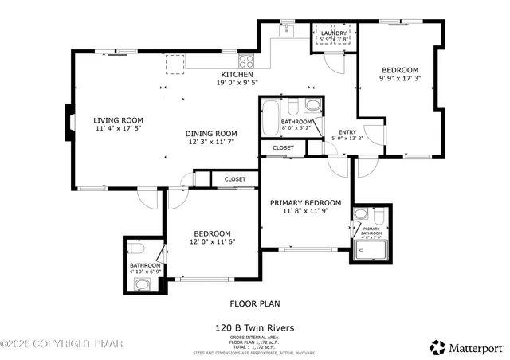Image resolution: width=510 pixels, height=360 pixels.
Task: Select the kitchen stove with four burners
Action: [x=246, y=61]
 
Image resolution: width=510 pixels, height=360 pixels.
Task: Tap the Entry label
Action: [x=347, y=132]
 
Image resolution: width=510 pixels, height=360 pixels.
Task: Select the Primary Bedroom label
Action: [x=305, y=202]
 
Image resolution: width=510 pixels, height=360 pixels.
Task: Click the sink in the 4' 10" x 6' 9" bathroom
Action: [x=143, y=284]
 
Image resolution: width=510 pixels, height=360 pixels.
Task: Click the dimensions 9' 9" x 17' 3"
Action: [x=399, y=79]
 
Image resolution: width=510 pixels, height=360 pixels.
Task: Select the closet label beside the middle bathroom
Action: [x=283, y=147]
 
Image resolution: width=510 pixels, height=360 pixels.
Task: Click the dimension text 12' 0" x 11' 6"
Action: [x=212, y=241]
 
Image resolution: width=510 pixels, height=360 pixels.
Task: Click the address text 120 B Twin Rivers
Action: [x=254, y=327]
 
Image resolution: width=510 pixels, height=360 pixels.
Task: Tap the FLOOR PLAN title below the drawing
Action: [x=254, y=303]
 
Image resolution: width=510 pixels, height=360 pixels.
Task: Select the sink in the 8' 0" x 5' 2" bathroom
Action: [x=312, y=105]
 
